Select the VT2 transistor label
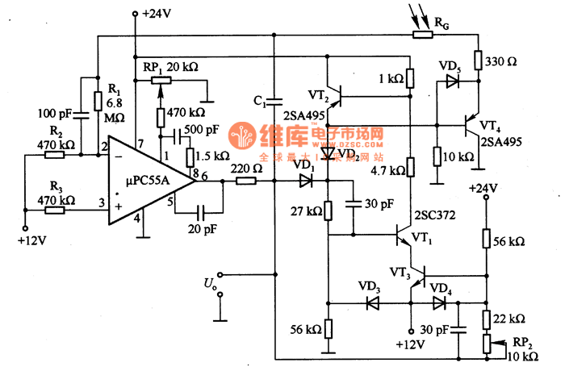318,96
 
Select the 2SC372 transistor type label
436,216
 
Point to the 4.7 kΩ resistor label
386,169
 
